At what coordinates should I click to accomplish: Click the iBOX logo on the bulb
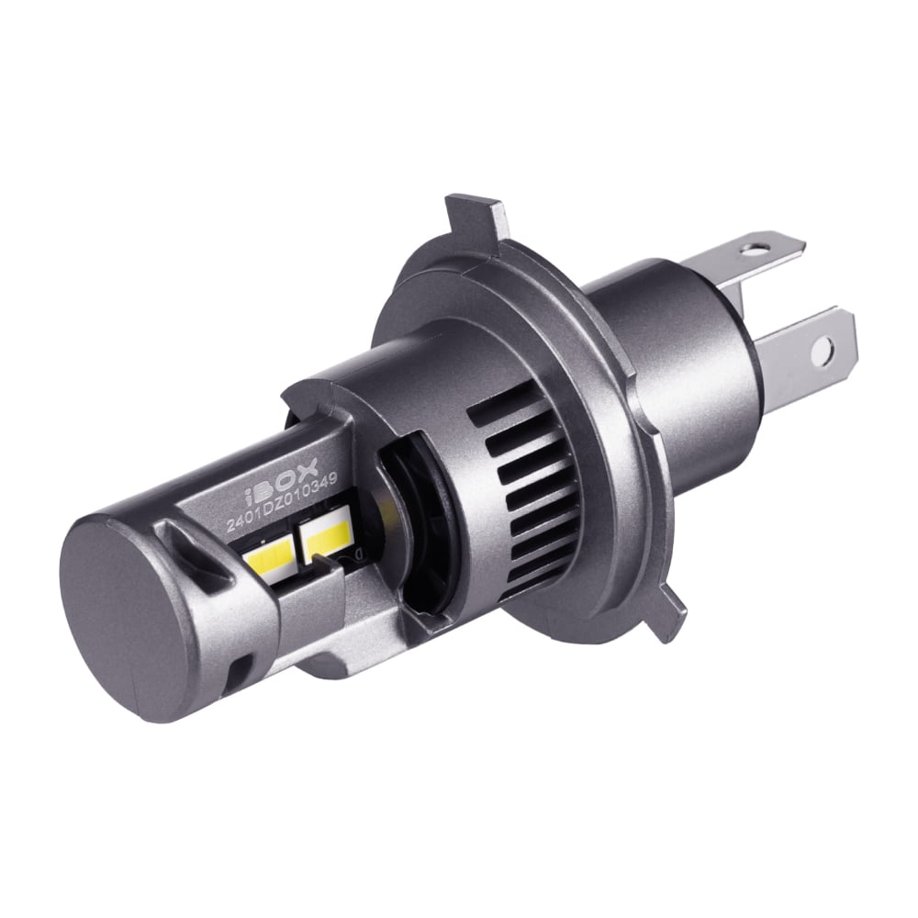click(280, 479)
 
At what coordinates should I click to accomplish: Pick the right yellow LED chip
click(324, 532)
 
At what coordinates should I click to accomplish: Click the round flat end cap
click(129, 604)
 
